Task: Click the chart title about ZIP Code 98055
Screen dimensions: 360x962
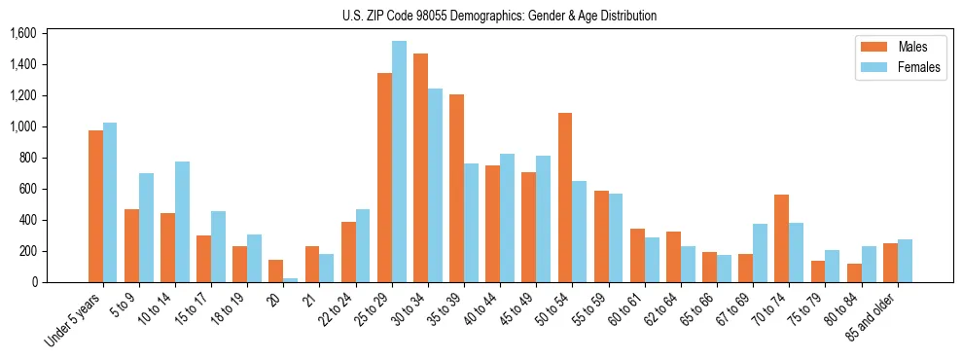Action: (499, 16)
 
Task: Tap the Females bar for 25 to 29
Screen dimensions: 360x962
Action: (399, 162)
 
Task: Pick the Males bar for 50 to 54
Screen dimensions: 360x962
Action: (565, 198)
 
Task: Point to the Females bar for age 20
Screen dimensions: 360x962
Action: (291, 280)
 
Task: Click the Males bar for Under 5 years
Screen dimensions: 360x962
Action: (95, 206)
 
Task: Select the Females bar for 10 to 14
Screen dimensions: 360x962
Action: (183, 222)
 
